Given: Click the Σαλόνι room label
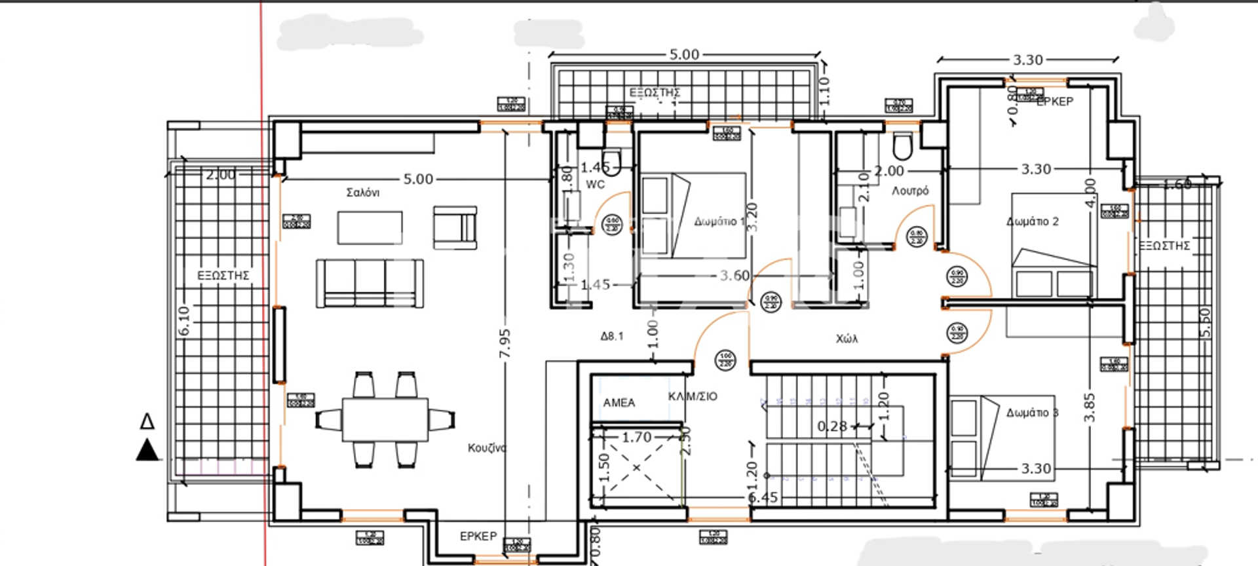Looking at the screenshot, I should click(362, 193).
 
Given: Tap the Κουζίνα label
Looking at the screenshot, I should click(487, 448).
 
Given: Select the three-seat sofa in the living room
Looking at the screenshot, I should click(370, 283).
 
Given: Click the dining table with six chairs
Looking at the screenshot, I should click(385, 419).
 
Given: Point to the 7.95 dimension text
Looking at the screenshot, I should click(505, 344).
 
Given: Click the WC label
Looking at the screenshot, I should click(595, 185).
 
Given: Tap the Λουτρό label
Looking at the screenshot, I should click(910, 191).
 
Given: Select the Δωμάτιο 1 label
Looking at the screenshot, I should click(719, 221).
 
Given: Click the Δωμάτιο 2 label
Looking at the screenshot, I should click(1032, 221).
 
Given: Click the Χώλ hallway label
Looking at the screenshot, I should click(847, 339).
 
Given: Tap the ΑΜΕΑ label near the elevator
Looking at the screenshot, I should click(619, 403).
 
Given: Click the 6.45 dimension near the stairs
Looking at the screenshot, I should click(763, 498).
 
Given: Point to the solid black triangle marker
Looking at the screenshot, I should click(147, 451).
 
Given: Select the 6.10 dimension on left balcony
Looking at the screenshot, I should click(184, 321).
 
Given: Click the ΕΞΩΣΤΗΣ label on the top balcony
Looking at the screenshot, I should click(655, 92).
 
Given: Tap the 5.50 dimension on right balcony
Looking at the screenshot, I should click(1205, 322).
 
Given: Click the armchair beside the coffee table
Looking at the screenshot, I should click(455, 227).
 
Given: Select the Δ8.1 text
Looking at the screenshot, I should click(612, 336).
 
